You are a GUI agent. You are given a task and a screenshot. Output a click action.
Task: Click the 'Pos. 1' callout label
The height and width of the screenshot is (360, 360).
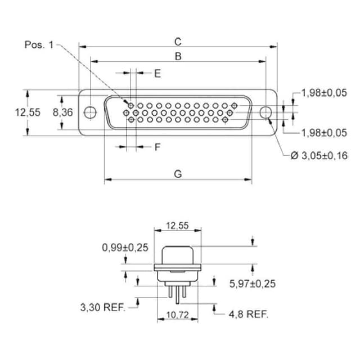pyautogui.click(x=39, y=44)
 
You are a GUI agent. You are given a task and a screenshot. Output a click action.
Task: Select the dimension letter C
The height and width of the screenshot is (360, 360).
pyautogui.click(x=178, y=42)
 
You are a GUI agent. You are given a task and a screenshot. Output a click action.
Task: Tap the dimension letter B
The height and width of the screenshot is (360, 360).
pyautogui.click(x=178, y=56)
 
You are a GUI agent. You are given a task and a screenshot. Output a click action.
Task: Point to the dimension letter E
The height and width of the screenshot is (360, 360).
pyautogui.click(x=157, y=74)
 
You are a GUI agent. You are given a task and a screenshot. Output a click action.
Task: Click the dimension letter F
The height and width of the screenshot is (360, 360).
pyautogui.click(x=157, y=147)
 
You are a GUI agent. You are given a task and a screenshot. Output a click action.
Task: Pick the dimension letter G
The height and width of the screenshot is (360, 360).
pyautogui.click(x=178, y=174)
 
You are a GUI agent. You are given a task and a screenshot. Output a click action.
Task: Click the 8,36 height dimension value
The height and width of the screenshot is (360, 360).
pyautogui.click(x=62, y=112)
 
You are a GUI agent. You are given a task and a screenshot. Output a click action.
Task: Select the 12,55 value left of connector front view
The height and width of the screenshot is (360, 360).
pyautogui.click(x=28, y=112)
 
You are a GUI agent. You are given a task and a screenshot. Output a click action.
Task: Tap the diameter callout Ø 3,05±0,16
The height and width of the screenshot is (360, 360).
pyautogui.click(x=319, y=156)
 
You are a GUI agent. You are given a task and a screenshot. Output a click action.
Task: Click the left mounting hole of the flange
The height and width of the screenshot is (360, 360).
pyautogui.click(x=90, y=112)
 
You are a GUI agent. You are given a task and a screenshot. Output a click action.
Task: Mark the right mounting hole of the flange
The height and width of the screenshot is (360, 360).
pyautogui.click(x=266, y=112)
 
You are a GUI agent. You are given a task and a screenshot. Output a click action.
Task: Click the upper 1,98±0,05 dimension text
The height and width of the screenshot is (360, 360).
pyautogui.click(x=324, y=93)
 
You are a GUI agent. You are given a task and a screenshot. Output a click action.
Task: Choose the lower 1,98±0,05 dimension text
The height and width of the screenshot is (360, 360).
pyautogui.click(x=324, y=133)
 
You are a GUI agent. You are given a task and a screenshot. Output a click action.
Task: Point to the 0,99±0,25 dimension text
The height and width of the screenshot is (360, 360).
pyautogui.click(x=125, y=247)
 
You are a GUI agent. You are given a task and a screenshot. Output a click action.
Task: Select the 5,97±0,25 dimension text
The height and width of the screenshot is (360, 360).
pyautogui.click(x=253, y=283)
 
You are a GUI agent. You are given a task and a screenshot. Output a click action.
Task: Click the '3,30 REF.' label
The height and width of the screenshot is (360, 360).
pyautogui.click(x=103, y=307)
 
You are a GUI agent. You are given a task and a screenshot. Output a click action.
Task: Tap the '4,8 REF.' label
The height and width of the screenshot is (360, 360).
pyautogui.click(x=249, y=314)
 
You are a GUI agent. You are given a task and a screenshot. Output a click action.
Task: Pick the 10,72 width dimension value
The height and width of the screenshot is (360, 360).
pyautogui.click(x=178, y=315)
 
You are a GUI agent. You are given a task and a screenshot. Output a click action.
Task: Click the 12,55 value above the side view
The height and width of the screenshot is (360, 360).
pyautogui.click(x=178, y=226)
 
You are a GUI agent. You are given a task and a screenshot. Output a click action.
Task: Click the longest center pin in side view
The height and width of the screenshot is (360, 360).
pyautogui.click(x=178, y=295)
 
